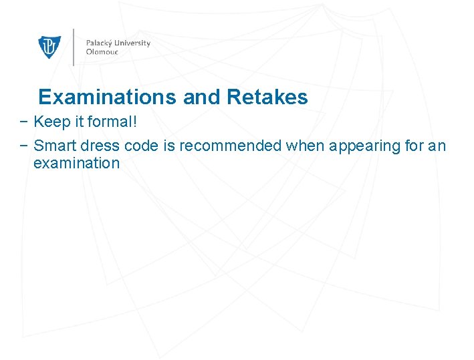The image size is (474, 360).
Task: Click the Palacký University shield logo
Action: click(49, 47)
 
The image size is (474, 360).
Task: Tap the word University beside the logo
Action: click(134, 43)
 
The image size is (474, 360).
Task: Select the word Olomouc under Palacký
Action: click(102, 52)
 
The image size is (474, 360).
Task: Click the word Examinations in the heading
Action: click(108, 98)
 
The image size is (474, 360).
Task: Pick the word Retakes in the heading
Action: click(267, 98)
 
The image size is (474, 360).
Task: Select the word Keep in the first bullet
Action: click(48, 122)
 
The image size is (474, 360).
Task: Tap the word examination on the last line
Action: click(76, 164)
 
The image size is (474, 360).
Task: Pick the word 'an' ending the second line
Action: click(437, 146)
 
